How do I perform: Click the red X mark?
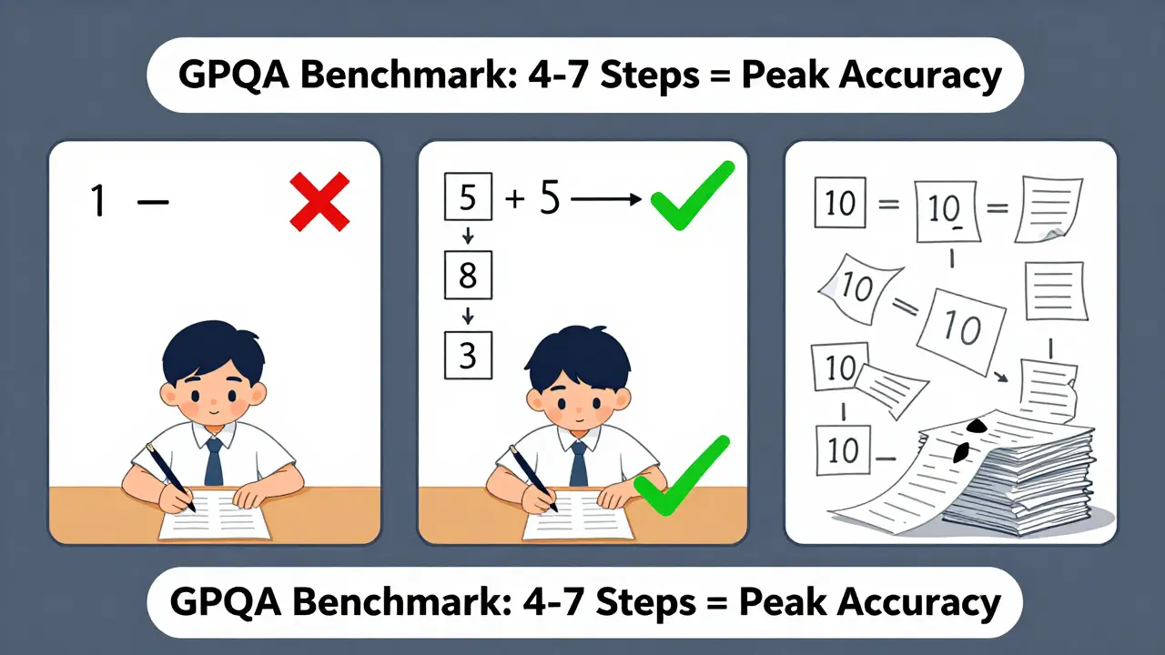click(x=319, y=202)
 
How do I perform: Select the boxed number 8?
click(x=468, y=275)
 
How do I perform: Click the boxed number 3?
click(x=468, y=354)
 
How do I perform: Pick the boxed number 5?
click(x=468, y=197)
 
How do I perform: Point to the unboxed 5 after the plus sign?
click(x=549, y=197)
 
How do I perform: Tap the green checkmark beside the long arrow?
click(x=692, y=194)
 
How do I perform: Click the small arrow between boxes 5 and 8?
click(x=468, y=237)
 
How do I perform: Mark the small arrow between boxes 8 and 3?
click(x=468, y=316)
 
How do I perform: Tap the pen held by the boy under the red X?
click(x=169, y=477)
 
